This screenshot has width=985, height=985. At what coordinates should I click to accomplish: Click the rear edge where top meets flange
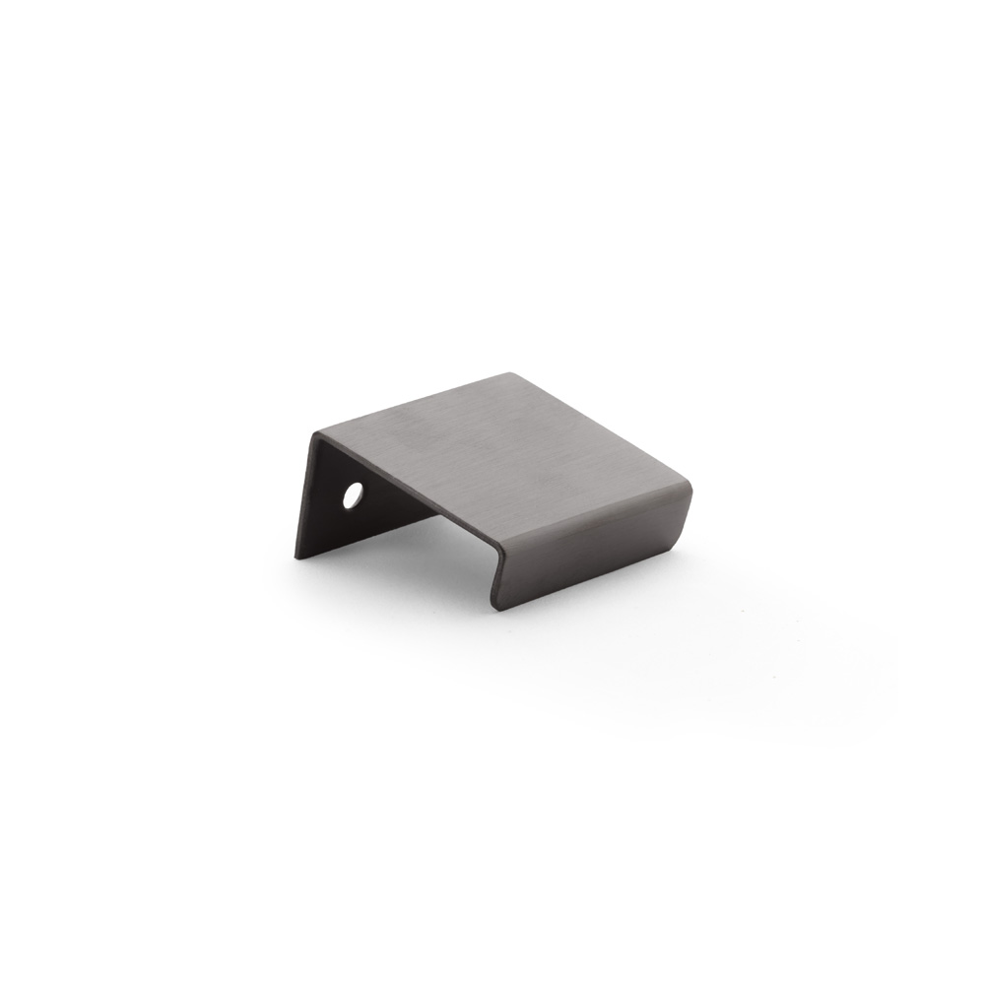(x=414, y=404)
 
